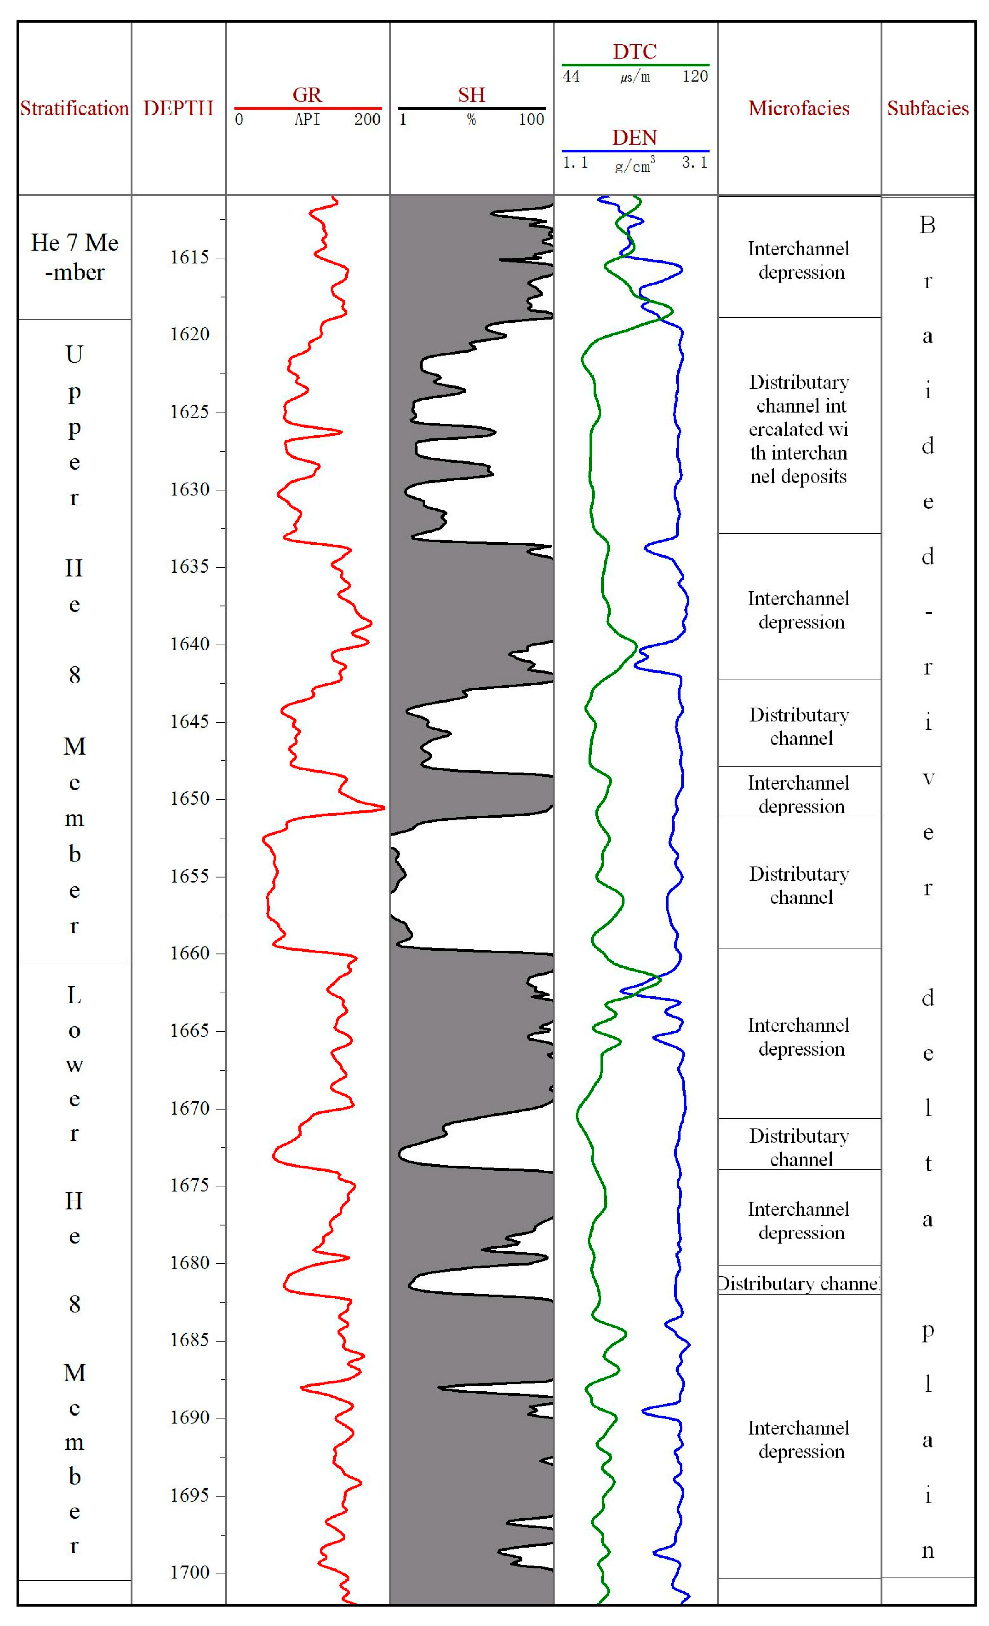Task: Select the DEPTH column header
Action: pyautogui.click(x=178, y=108)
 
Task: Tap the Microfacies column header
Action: pyautogui.click(x=798, y=108)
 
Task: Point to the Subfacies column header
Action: pyautogui.click(x=928, y=108)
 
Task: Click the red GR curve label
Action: pyautogui.click(x=307, y=95)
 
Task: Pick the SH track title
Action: pyautogui.click(x=471, y=95)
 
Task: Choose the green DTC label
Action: pyautogui.click(x=635, y=52)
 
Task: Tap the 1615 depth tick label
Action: pyautogui.click(x=190, y=258)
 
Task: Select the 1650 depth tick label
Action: pyautogui.click(x=190, y=798)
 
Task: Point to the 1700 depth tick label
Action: pyautogui.click(x=190, y=1573)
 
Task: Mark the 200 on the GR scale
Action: pyautogui.click(x=367, y=120)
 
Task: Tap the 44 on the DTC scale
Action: pyautogui.click(x=572, y=77)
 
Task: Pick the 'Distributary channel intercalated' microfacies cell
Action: pyautogui.click(x=798, y=429)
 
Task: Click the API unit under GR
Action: pyautogui.click(x=307, y=120)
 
